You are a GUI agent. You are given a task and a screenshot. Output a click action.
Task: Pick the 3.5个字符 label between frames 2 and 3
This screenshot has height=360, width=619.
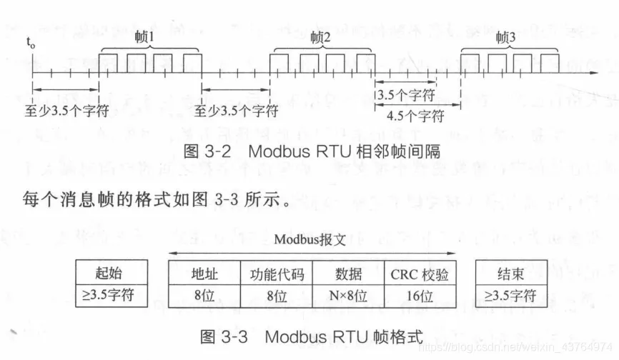pos(404,94)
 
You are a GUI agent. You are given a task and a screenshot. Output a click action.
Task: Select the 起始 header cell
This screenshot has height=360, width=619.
pos(113,274)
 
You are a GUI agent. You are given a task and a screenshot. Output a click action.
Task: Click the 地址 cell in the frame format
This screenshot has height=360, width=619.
pos(204,274)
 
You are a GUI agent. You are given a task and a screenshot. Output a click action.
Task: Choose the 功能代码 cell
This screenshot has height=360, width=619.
pos(277,274)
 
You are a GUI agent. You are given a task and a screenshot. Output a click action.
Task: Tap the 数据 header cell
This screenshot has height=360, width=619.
pos(348,274)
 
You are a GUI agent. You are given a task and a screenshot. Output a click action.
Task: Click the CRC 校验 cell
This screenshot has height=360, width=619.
pos(420,274)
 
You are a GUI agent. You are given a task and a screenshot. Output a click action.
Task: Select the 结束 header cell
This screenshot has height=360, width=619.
pos(512,274)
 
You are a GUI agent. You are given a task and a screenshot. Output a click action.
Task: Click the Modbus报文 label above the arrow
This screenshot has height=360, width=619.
pos(309,240)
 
